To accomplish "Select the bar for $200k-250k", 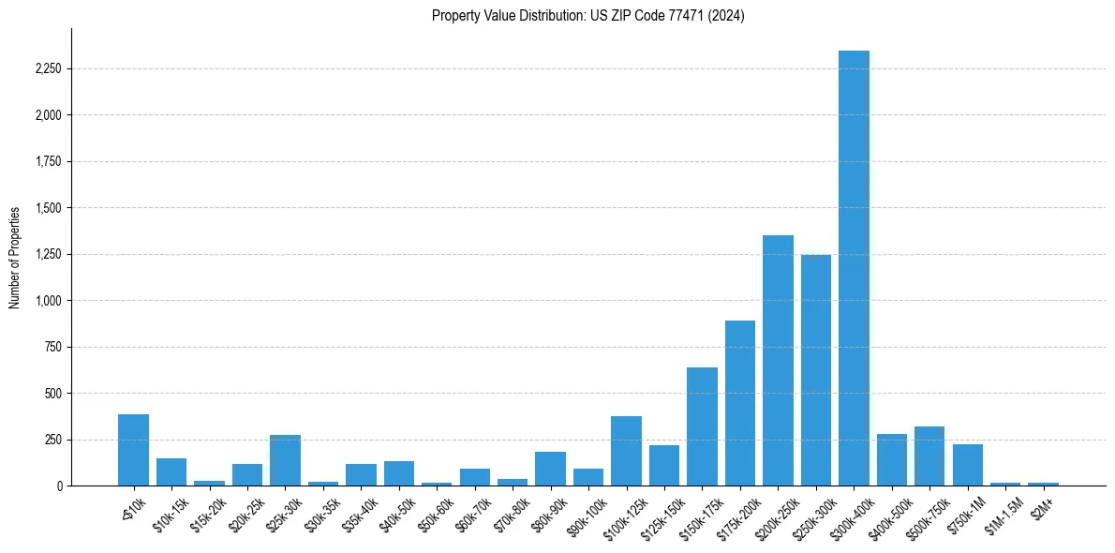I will click(778, 361).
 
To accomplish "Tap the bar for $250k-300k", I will click(816, 370).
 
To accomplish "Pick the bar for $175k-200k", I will click(740, 403).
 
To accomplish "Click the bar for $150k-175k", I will click(702, 426).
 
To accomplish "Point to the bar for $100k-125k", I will click(626, 451).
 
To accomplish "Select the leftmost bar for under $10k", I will click(133, 450).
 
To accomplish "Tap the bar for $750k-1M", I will click(967, 465).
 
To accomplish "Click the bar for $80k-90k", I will click(550, 469).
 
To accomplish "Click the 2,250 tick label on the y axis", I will click(48, 69).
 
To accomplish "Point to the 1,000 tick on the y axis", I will click(48, 301).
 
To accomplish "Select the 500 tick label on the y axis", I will click(53, 394).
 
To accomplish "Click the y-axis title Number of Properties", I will click(15, 258).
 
